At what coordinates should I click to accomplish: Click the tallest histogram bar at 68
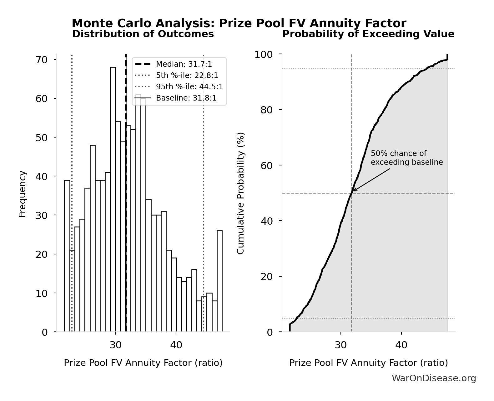113,199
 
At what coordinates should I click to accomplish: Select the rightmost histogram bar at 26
219,281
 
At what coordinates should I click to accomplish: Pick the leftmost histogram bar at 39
67,256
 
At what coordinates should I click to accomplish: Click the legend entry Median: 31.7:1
184,64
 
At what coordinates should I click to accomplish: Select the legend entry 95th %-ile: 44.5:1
189,87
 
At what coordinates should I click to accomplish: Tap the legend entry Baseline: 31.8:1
186,98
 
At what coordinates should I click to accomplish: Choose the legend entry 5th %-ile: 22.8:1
187,76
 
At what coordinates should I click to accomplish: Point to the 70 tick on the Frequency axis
42,60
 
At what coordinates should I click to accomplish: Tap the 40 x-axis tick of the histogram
176,345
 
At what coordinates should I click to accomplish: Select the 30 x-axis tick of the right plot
340,345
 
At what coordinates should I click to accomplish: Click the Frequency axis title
22,194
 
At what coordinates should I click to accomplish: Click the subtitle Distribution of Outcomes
143,34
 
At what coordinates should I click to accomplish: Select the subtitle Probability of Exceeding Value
368,34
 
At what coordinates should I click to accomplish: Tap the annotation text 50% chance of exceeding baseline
406,158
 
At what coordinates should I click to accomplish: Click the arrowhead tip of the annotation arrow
353,191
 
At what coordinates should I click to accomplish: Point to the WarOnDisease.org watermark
434,378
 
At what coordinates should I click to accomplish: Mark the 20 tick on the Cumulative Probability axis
267,277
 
